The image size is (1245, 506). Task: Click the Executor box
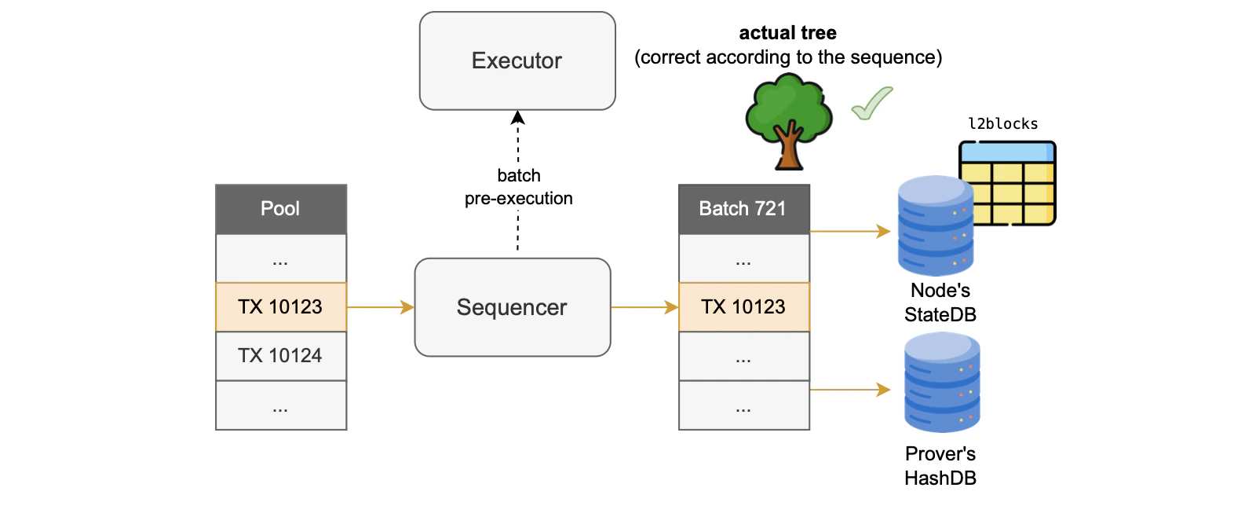pos(517,60)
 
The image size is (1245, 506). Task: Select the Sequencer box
pos(512,307)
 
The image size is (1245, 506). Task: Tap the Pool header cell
pos(280,209)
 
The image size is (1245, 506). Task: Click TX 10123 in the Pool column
pos(280,306)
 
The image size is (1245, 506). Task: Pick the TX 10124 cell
pos(280,356)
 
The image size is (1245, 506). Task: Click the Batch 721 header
pos(743,209)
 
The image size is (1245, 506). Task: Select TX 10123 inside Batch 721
pos(743,306)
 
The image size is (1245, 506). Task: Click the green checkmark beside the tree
pos(872,104)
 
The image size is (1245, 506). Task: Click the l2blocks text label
pos(1002,124)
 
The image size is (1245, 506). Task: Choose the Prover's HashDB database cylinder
pos(941,382)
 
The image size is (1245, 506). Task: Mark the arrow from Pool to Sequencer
pos(380,307)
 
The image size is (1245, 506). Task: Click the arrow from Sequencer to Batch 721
pos(644,307)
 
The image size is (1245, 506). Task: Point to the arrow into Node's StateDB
pos(849,232)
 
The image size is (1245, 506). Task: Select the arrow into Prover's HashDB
pos(849,390)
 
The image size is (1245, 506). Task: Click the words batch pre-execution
pos(518,187)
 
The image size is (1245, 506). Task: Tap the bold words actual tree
pos(787,33)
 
